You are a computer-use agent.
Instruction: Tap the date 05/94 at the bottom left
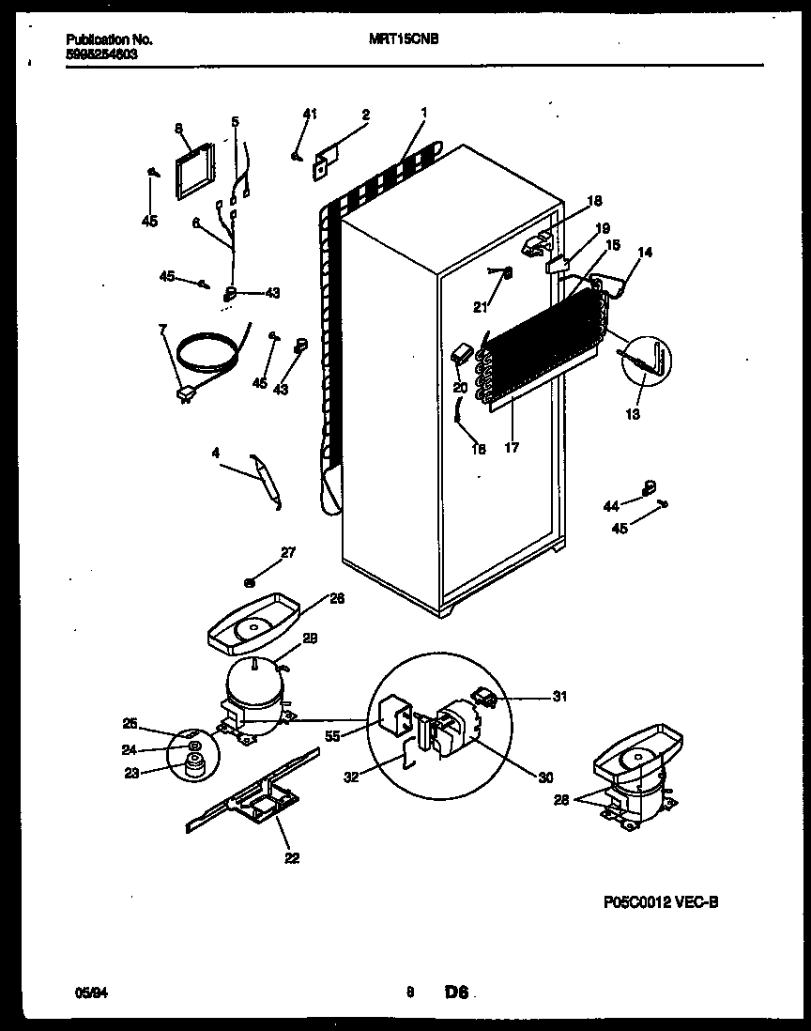tap(87, 991)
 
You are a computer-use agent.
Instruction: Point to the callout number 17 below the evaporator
tap(511, 448)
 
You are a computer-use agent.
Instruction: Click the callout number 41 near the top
tap(310, 115)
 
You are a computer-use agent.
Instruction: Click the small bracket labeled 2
tap(326, 162)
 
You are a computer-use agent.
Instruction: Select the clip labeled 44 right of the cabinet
tap(646, 487)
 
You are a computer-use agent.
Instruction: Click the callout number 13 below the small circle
tap(634, 414)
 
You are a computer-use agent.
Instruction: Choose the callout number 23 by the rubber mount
tap(130, 774)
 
